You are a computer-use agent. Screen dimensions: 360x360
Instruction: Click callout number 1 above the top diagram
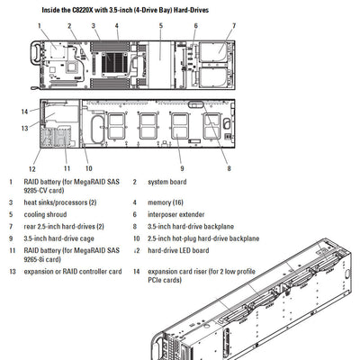pyautogui.click(x=39, y=27)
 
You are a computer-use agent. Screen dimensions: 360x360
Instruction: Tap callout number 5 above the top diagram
pyautogui.click(x=159, y=26)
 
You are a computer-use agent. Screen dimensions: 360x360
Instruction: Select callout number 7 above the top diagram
pyautogui.click(x=233, y=27)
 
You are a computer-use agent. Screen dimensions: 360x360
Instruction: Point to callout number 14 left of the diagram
pyautogui.click(x=24, y=111)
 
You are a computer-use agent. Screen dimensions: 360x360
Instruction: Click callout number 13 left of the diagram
pyautogui.click(x=24, y=128)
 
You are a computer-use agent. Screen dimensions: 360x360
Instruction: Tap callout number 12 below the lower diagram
pyautogui.click(x=31, y=168)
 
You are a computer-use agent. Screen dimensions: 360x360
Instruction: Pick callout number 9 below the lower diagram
pyautogui.click(x=181, y=168)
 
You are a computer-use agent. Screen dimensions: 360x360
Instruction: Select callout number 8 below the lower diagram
pyautogui.click(x=229, y=168)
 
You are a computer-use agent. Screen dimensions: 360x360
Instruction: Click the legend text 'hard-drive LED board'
pyautogui.click(x=183, y=250)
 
